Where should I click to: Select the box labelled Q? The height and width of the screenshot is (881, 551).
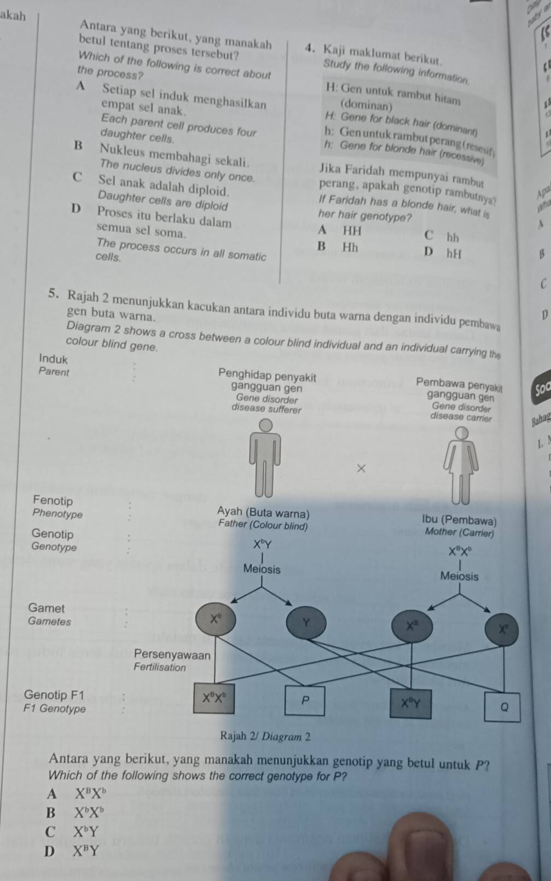point(504,706)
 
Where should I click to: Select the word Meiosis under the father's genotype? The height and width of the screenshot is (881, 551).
point(262,570)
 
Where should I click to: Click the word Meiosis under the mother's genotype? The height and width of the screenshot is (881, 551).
point(459,576)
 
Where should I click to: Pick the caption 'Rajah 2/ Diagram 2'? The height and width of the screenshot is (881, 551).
point(265,736)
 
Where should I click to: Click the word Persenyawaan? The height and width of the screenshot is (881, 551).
point(172,654)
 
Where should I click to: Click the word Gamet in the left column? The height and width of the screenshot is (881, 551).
point(47,607)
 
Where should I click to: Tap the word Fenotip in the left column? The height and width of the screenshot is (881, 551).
point(53,500)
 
